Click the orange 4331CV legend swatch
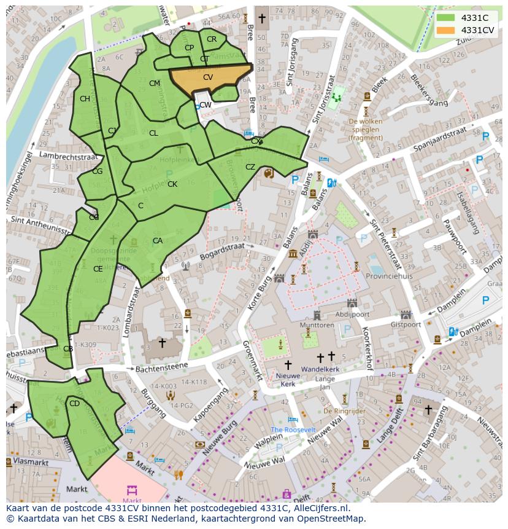pos(446,30)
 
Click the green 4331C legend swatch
pos(446,18)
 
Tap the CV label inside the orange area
pos(208,77)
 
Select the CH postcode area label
pos(85,99)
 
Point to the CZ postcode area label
pos(250,167)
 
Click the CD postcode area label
pos(74,404)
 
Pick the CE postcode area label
pos(98,268)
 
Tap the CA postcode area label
pos(158,241)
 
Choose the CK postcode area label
pos(172,184)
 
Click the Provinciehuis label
pos(390,276)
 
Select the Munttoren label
pos(317,324)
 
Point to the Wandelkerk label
pos(326,370)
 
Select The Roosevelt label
pos(293,429)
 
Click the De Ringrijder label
pos(344,410)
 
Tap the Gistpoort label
pos(404,324)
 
